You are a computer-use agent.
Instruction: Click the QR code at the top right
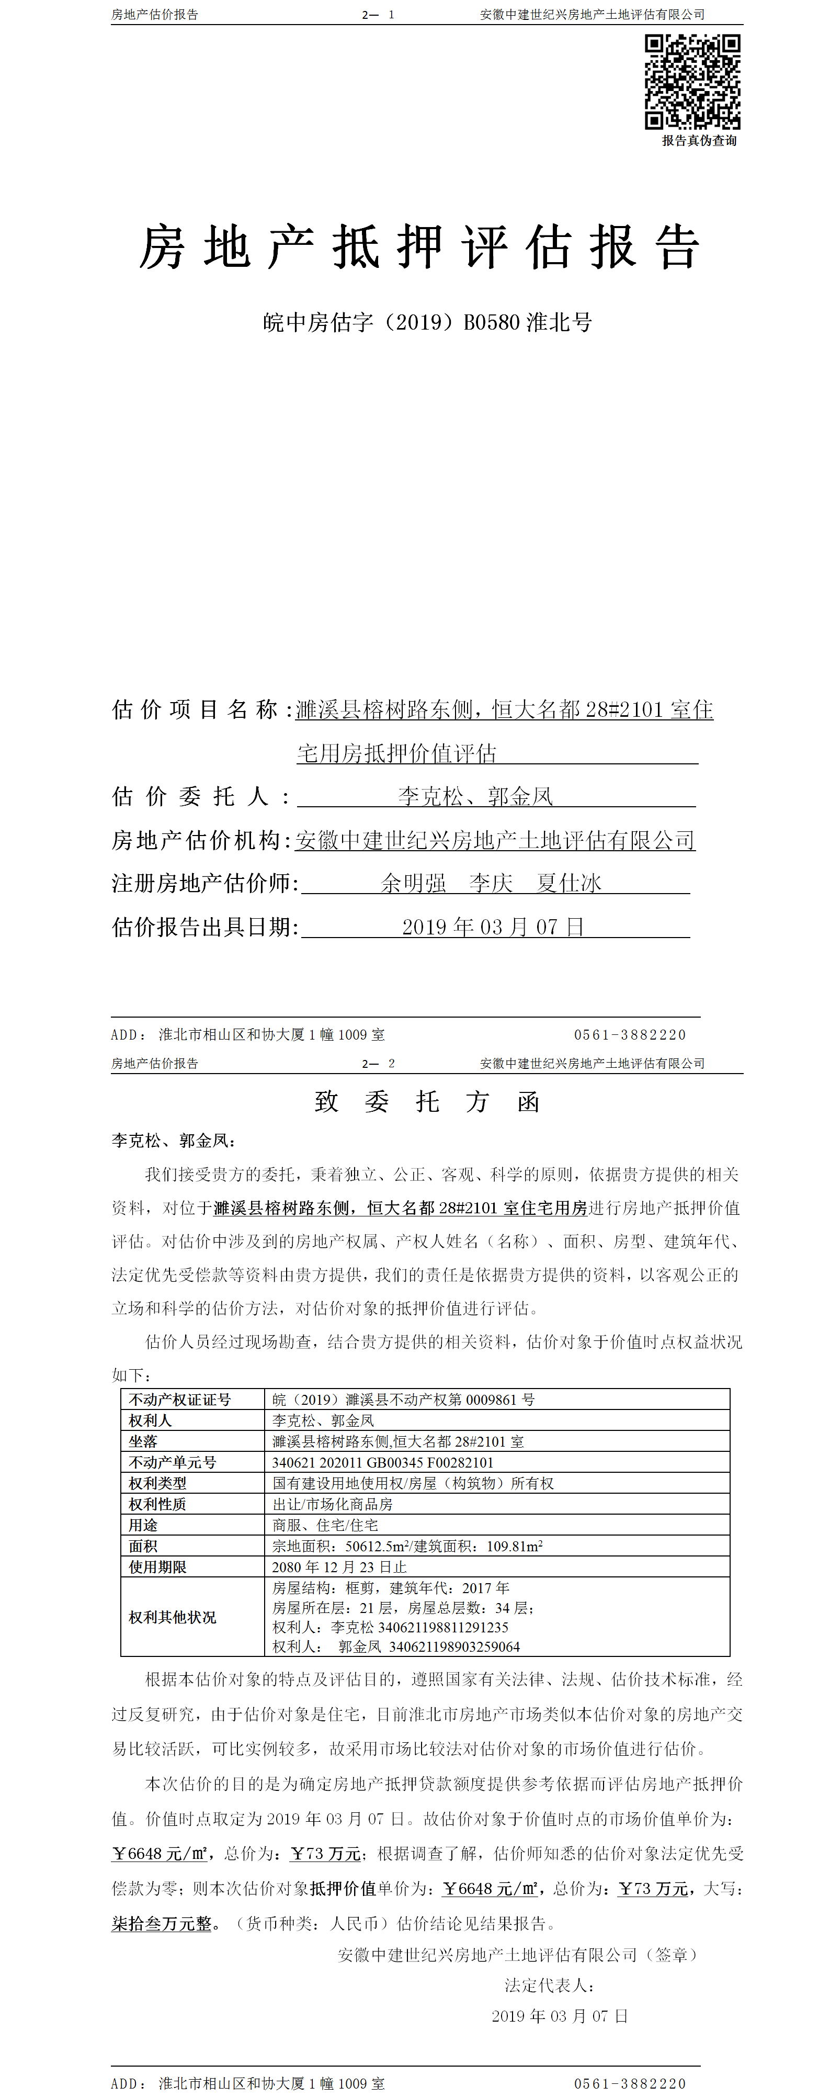click(x=692, y=82)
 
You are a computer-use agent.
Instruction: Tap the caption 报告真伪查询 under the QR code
click(x=699, y=141)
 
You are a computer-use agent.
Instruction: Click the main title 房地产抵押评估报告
click(x=419, y=247)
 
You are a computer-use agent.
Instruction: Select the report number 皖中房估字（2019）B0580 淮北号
click(x=427, y=322)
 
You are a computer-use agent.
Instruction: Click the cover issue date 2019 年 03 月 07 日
click(x=493, y=927)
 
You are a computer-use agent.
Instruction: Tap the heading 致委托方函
click(x=427, y=1102)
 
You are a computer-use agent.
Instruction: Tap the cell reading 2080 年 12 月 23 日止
click(x=339, y=1567)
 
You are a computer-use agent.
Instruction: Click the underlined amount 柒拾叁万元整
click(x=161, y=1924)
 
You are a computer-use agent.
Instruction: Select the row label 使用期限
click(x=157, y=1567)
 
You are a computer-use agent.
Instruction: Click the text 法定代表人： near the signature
click(x=550, y=1986)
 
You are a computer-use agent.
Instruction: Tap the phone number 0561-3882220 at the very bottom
click(x=630, y=2083)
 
